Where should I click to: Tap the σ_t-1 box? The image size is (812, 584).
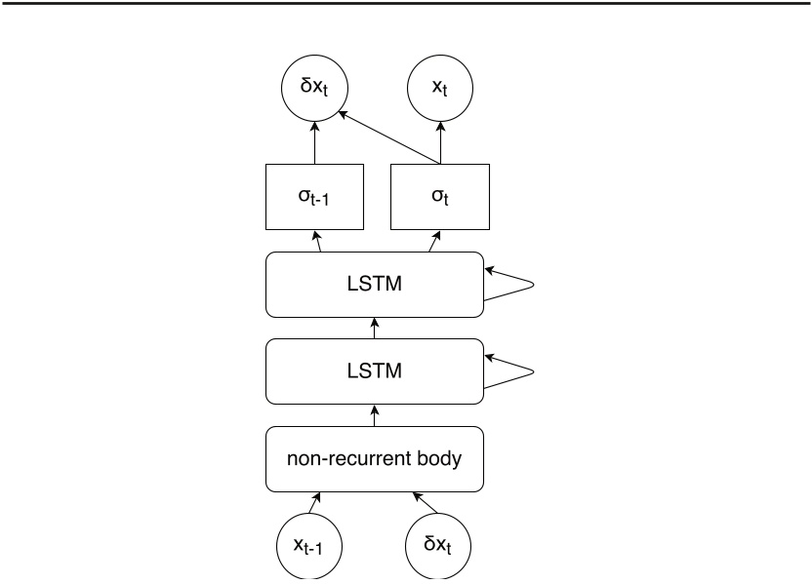click(x=313, y=197)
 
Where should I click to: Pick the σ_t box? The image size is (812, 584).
click(x=439, y=197)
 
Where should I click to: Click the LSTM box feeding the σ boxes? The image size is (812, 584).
click(x=374, y=284)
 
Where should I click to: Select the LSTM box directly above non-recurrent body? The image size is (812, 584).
click(x=374, y=370)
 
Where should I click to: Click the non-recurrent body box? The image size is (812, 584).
click(x=374, y=458)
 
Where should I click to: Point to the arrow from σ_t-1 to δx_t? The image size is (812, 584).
click(x=313, y=147)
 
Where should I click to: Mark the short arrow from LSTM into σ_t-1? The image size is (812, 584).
click(x=318, y=242)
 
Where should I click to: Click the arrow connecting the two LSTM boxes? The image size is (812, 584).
click(x=374, y=328)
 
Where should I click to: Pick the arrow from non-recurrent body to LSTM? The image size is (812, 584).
click(x=374, y=414)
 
